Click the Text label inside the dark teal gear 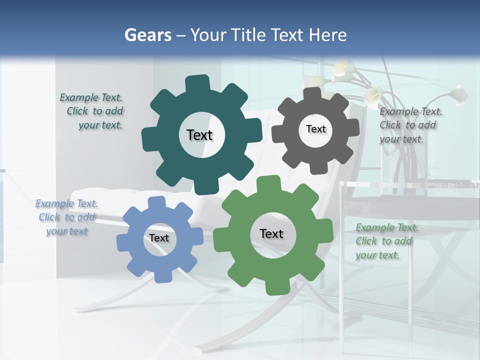199,135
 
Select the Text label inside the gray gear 315,129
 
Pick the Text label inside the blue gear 159,238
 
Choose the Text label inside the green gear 271,234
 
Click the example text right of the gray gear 409,125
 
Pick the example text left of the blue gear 66,217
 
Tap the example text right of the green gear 385,241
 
